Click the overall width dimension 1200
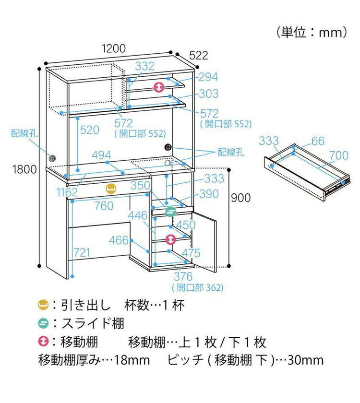coord(113,48)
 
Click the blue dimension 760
coord(104,206)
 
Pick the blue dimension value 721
coord(82,253)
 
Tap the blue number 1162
coord(67,192)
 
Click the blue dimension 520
coord(90,130)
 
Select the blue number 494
coord(101,155)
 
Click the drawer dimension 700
coord(338,155)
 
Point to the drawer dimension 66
coord(318,141)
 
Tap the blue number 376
coord(183,276)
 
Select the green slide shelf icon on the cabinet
coord(170,210)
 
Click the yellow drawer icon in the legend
coord(43,305)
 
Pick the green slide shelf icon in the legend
coord(43,323)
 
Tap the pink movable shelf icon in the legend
coord(43,342)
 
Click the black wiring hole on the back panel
coord(168,147)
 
